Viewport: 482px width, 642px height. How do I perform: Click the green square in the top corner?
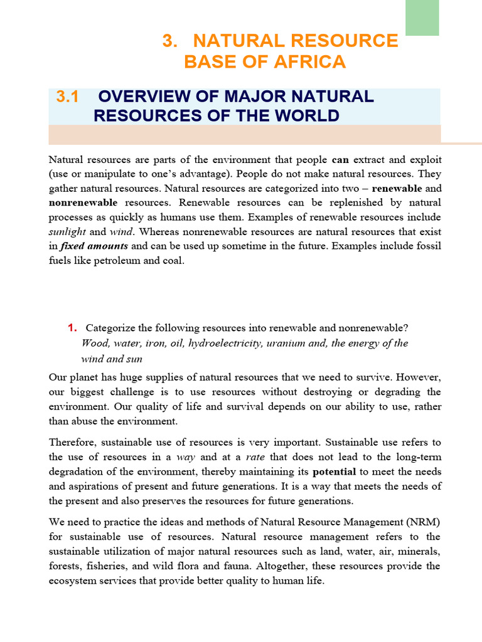422,18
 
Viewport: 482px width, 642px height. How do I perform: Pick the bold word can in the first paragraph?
340,160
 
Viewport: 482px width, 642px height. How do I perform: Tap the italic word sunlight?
67,231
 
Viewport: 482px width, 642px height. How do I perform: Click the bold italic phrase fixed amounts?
94,246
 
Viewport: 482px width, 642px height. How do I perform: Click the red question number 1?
72,328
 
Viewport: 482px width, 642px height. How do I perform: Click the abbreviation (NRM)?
422,522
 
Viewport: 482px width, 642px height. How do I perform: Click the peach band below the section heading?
245,134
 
